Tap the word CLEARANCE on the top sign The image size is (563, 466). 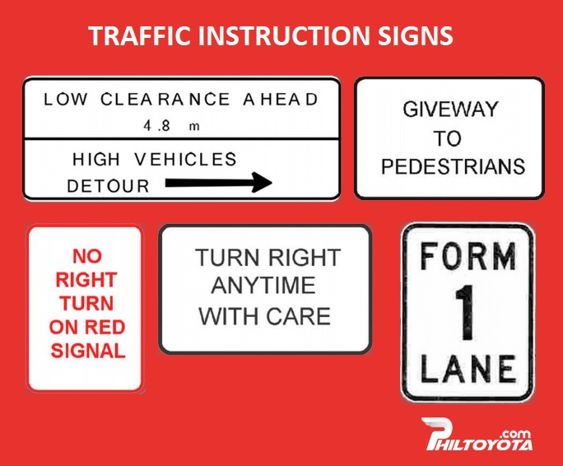click(x=165, y=100)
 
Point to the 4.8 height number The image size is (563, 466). click(x=156, y=126)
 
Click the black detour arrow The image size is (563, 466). click(x=218, y=183)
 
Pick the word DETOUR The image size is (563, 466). click(x=108, y=186)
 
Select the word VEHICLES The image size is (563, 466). click(x=186, y=159)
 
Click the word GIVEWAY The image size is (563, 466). click(x=450, y=109)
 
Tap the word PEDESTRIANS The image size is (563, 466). click(x=454, y=166)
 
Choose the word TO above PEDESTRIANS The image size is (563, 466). click(x=447, y=138)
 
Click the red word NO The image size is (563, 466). click(x=87, y=256)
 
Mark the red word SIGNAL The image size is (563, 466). click(x=88, y=351)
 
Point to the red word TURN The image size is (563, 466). click(x=86, y=303)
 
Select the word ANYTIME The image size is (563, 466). click(x=263, y=285)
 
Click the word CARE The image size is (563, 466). click(x=299, y=316)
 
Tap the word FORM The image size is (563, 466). click(x=468, y=256)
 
